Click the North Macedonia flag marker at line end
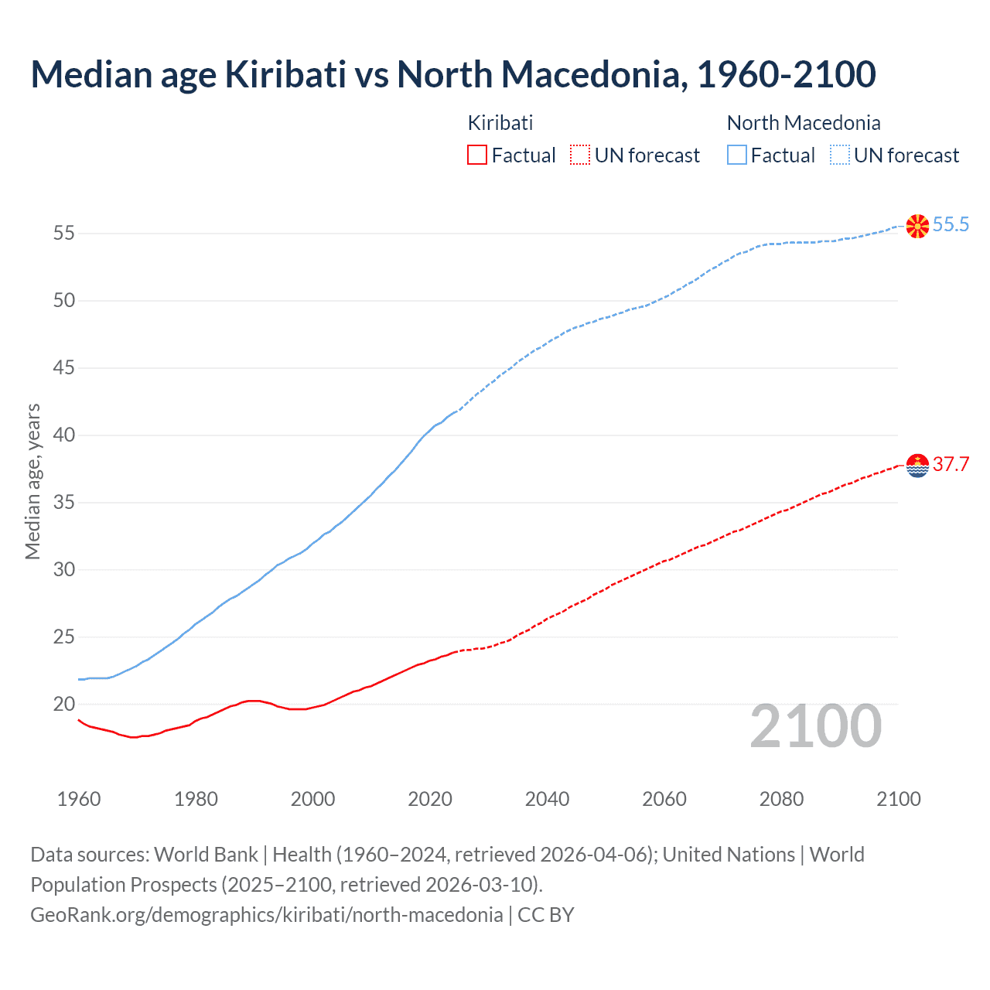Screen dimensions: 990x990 [917, 226]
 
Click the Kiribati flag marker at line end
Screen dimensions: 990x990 [917, 466]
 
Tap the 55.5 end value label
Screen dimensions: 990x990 [951, 225]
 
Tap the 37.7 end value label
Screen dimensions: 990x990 [951, 465]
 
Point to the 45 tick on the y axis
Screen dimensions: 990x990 [64, 367]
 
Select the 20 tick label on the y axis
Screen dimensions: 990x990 [64, 705]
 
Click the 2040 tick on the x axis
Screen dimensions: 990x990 [547, 799]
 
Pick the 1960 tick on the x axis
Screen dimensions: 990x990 [79, 799]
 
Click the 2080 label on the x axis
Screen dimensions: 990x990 [781, 799]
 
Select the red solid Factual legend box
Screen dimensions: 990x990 [477, 155]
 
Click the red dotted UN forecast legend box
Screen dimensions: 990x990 [580, 155]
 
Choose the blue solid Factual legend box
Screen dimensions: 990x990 [737, 155]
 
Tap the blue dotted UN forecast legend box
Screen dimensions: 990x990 [839, 155]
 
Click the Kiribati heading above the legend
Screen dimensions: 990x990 [500, 123]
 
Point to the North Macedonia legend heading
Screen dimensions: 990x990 [804, 123]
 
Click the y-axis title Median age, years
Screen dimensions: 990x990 [32, 481]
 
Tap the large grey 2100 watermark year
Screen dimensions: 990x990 [815, 726]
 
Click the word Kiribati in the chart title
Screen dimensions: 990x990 [285, 74]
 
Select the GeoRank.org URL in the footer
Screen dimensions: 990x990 [267, 915]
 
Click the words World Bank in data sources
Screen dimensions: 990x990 [206, 855]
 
